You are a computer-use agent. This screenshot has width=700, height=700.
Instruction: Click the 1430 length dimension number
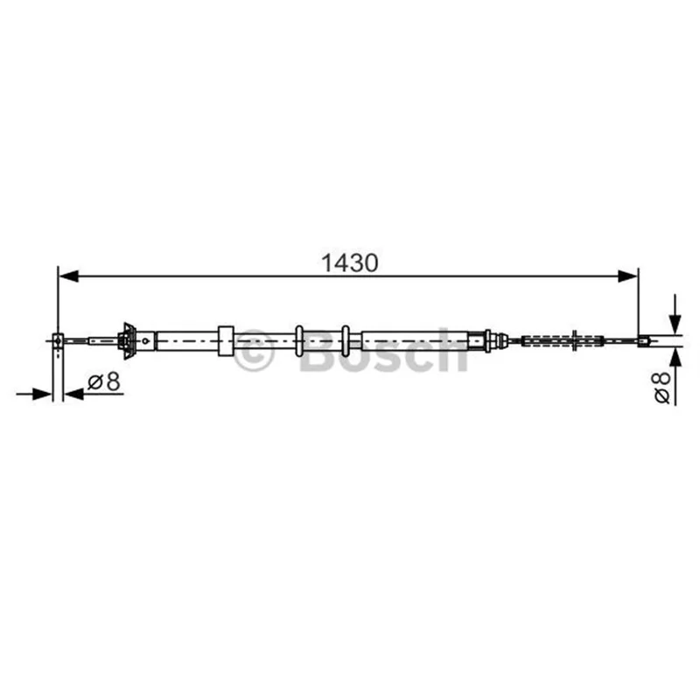point(349,263)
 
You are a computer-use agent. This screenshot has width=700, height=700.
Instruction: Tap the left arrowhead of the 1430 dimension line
point(69,276)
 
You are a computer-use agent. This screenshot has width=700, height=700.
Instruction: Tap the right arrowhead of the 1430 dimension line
point(627,276)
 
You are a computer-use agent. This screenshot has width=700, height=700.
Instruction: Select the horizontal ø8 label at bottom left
point(104,382)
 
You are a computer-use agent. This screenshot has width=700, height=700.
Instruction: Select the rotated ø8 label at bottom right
point(662,387)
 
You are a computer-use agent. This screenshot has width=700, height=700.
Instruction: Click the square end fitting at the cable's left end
point(58,341)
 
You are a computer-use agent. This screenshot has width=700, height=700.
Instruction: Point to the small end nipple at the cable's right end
point(643,341)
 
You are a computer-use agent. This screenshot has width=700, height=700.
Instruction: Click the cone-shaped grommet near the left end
point(128,341)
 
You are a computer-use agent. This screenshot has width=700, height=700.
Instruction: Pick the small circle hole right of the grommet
point(145,341)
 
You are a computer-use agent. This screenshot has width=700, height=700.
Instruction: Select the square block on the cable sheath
point(226,341)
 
